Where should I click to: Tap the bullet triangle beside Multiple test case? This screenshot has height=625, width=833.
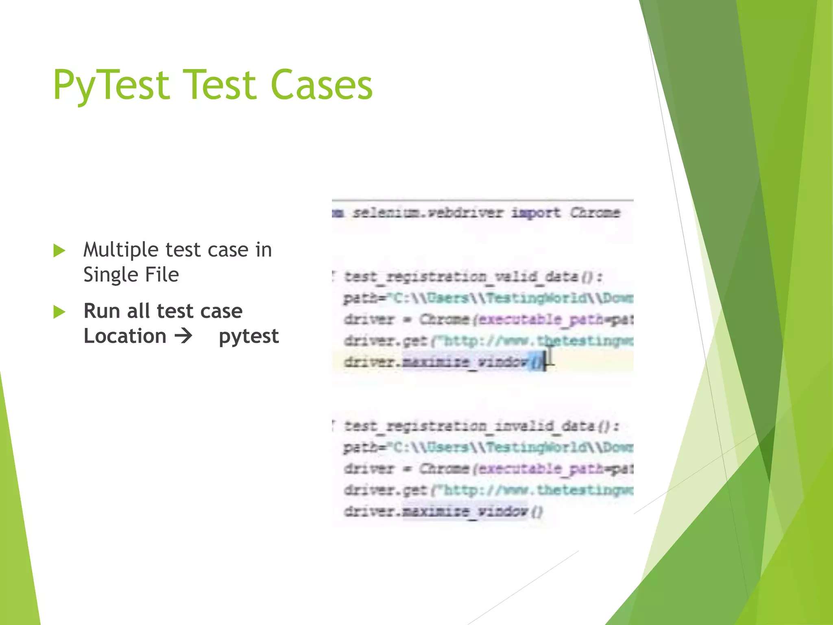point(59,251)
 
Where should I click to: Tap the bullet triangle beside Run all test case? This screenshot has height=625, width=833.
point(59,312)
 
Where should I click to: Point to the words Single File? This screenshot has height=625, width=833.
point(131,275)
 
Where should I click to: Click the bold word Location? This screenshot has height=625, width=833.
point(125,336)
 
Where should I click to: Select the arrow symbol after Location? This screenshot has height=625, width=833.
point(183,336)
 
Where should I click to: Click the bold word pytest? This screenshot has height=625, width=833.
point(249,337)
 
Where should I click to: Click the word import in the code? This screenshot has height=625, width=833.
point(535,212)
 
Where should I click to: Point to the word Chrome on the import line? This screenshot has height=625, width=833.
point(595,212)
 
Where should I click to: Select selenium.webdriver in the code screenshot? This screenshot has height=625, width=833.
point(427,212)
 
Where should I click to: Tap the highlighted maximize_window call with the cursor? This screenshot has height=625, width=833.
point(465,362)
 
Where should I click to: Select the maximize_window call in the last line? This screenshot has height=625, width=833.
point(465,511)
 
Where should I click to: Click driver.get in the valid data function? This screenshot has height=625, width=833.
point(385,341)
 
